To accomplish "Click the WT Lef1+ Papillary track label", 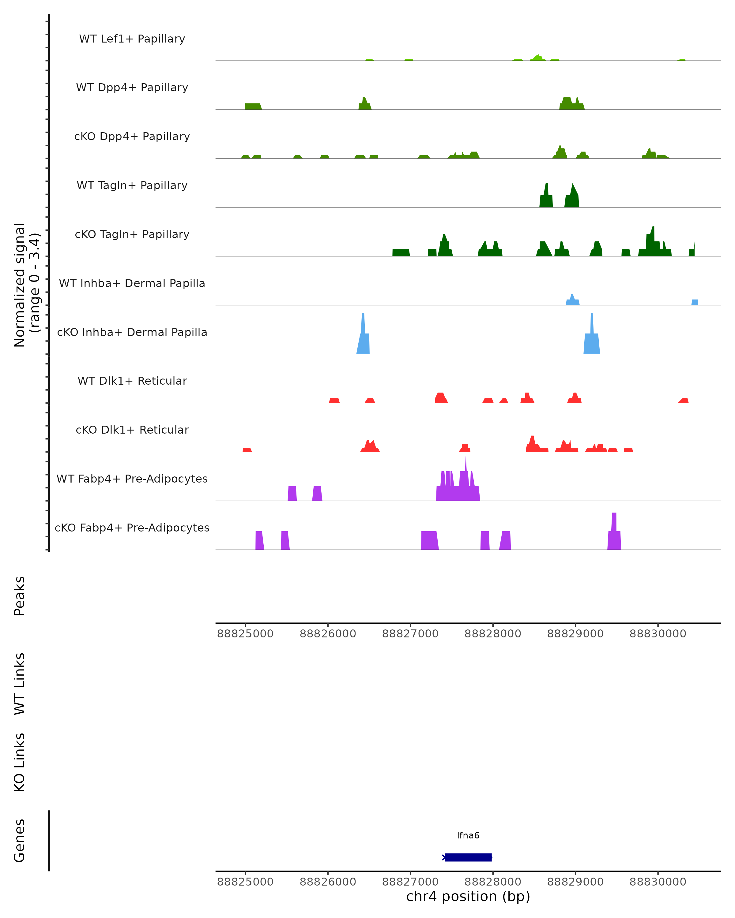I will coord(132,39).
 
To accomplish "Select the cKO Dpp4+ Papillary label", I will coord(132,137).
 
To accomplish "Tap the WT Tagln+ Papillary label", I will coord(132,186).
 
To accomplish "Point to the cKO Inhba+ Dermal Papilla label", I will coord(132,333).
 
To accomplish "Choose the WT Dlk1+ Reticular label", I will coord(132,381).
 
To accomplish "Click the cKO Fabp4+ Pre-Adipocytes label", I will coord(132,528).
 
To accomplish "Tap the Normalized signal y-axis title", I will coord(26,285).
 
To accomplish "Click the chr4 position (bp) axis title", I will coord(468,896).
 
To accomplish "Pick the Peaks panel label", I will coord(20,596).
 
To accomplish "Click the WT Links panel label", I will coord(20,683).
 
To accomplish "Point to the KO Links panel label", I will coord(20,762).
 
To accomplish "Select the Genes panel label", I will coord(20,841).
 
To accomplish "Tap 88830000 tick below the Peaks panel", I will coord(658,634).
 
